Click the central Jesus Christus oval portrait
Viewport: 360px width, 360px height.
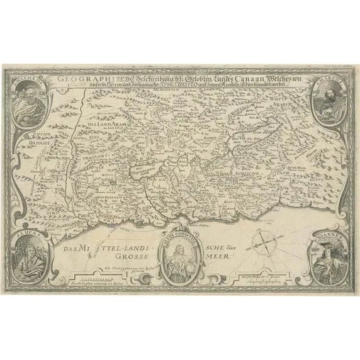pos(181,256)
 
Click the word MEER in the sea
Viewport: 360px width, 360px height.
pos(225,257)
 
